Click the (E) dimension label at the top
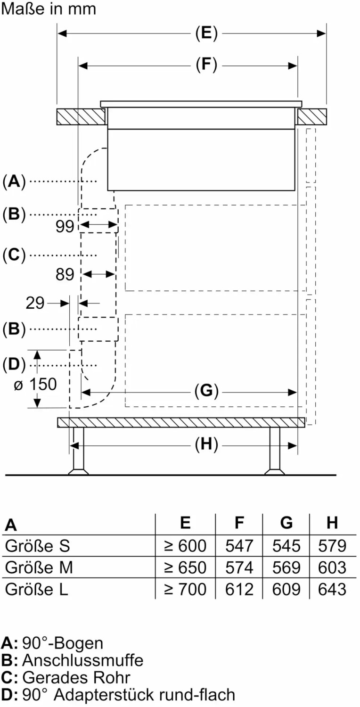(x=206, y=33)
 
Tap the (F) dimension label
(x=206, y=65)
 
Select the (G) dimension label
(x=206, y=391)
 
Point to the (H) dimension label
(x=206, y=445)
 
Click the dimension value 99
(x=65, y=226)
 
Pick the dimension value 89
(x=65, y=274)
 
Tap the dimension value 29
(x=35, y=303)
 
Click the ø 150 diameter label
(x=35, y=384)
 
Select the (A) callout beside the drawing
(x=14, y=181)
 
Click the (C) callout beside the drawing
(x=14, y=255)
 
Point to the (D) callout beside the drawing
(x=14, y=364)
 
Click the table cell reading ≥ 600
(x=185, y=545)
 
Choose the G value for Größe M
(x=286, y=567)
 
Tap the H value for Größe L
(x=332, y=589)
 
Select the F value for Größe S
(x=239, y=545)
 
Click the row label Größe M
(x=39, y=567)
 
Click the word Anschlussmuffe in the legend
(x=82, y=660)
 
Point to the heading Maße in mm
(x=48, y=8)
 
